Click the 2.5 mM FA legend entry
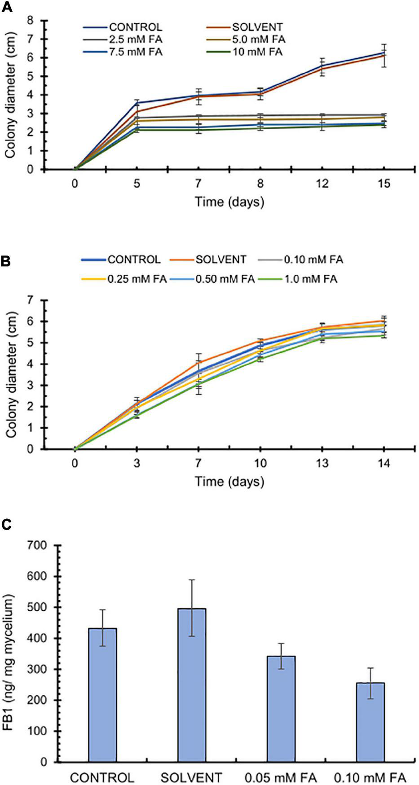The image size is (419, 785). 135,39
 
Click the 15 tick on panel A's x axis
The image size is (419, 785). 384,184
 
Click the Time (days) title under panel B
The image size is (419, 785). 229,482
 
